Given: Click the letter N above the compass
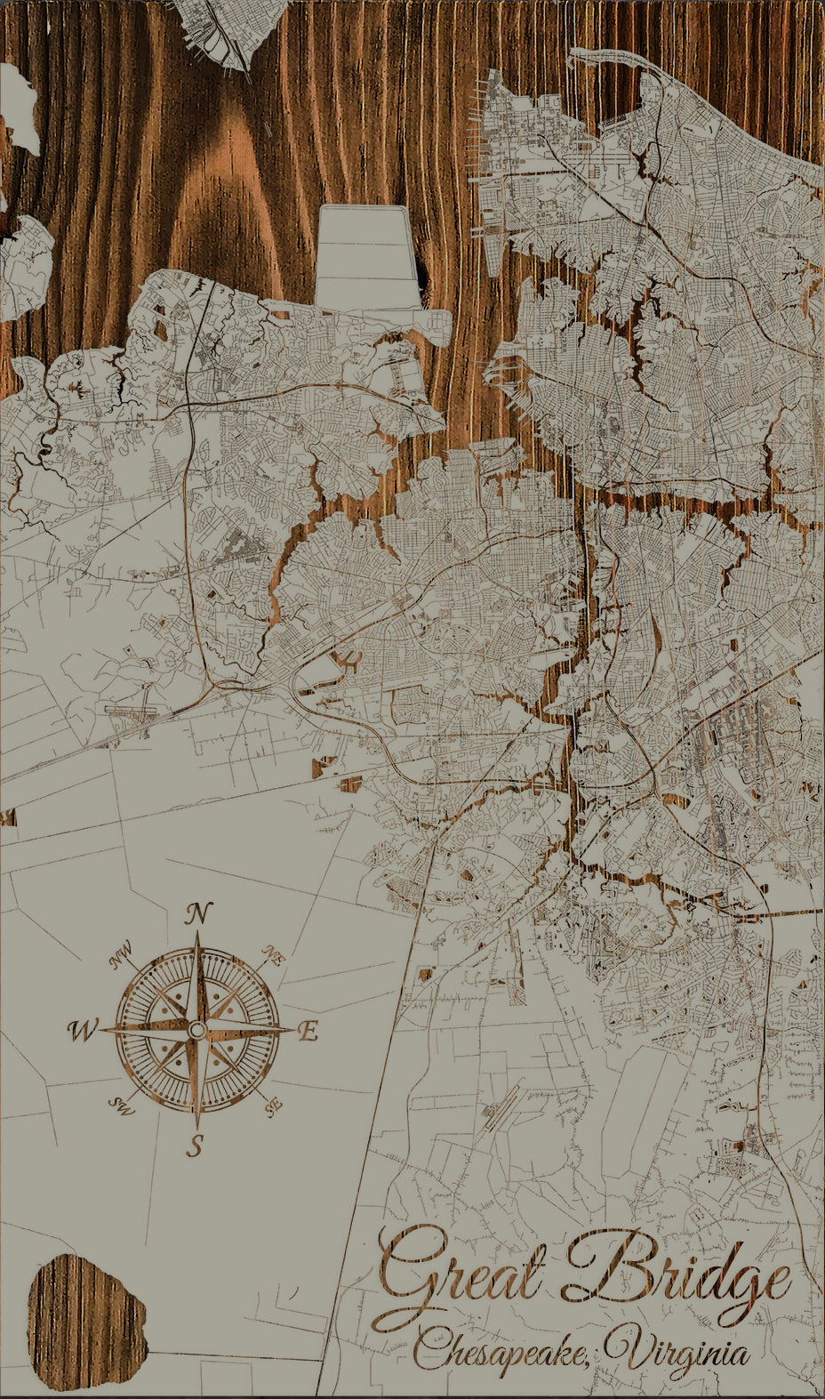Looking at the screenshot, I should [201, 913].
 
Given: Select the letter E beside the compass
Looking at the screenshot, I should [308, 1032].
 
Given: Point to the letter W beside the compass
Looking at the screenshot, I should [82, 1031].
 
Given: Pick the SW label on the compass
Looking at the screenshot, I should [119, 1106].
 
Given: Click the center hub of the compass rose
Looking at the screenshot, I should [196, 1030].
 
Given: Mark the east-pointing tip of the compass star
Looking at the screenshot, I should [292, 1029].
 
